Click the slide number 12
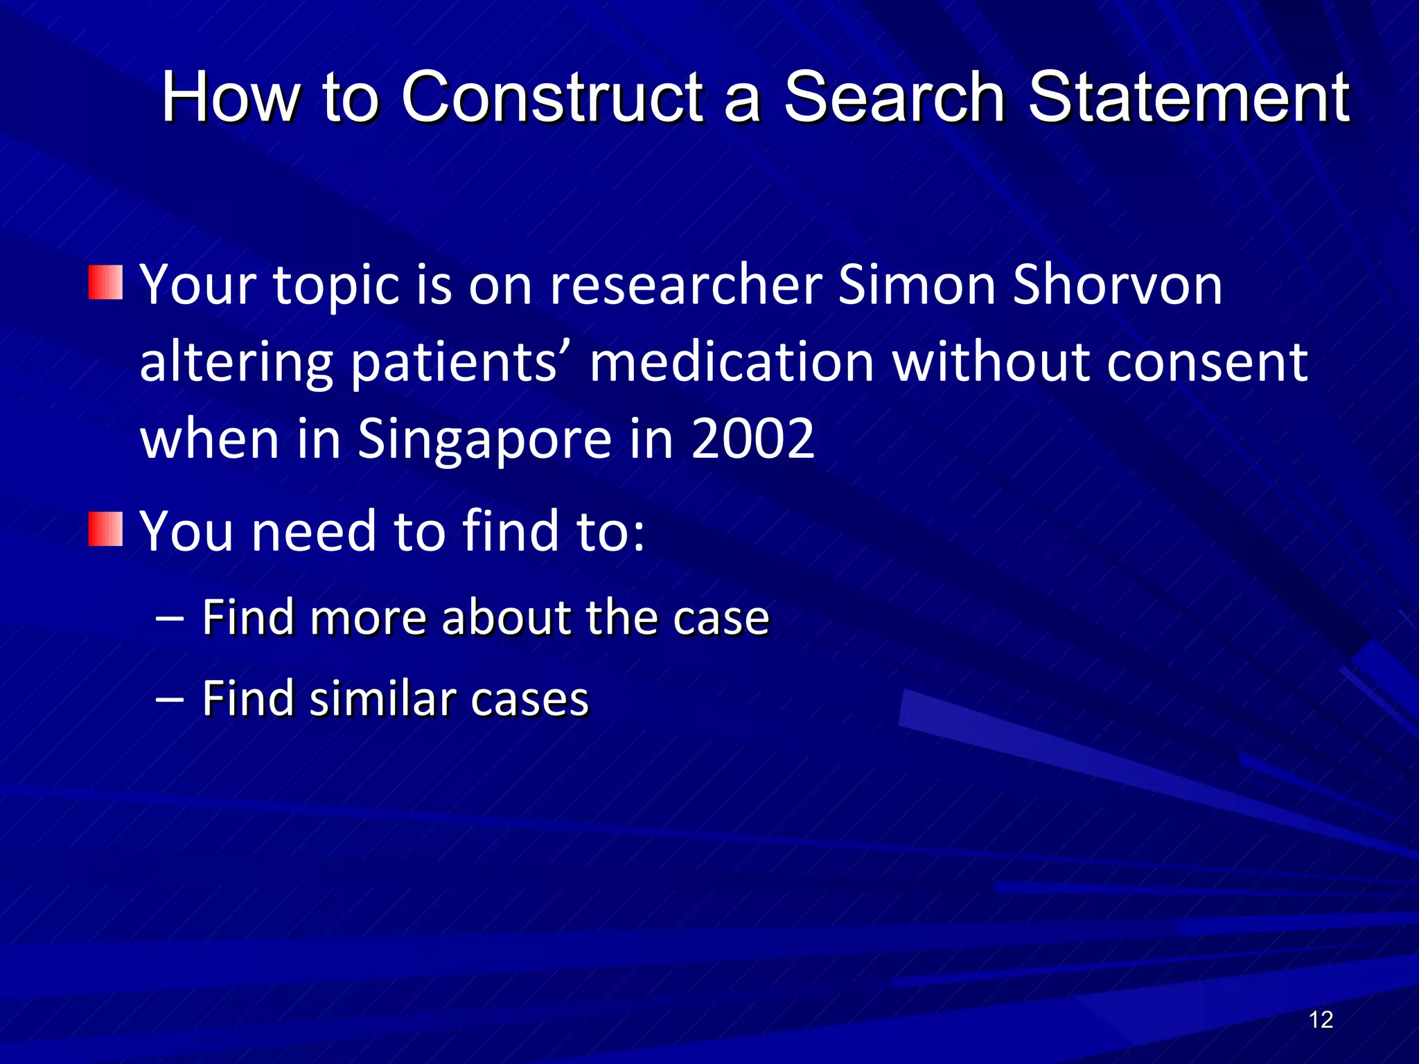(x=1321, y=1020)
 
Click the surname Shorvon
(x=1117, y=284)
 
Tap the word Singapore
(x=484, y=440)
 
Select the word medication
(x=732, y=362)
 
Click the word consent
(x=1206, y=363)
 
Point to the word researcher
(x=685, y=285)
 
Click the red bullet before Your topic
(x=105, y=283)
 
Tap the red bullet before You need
(x=105, y=529)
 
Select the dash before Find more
(x=170, y=617)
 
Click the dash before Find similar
(x=170, y=698)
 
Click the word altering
(x=236, y=363)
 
